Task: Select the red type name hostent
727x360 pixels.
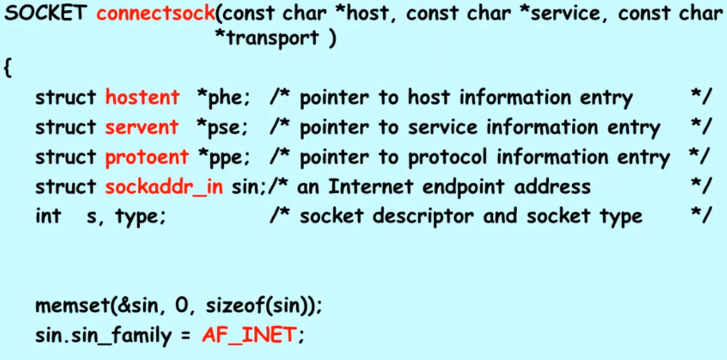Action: click(142, 97)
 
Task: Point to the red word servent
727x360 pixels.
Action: click(142, 127)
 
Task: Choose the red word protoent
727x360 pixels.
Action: click(147, 157)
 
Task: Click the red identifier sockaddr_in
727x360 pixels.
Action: click(164, 187)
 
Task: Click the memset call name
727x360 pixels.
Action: click(68, 306)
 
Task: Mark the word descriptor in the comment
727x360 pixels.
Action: click(426, 217)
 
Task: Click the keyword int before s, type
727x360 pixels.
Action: click(48, 217)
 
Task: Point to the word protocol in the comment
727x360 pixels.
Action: click(444, 157)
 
